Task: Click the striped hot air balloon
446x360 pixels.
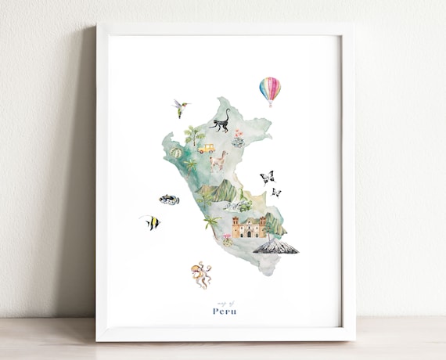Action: [269, 88]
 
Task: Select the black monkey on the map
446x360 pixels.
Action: [221, 123]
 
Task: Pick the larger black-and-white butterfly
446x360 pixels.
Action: [268, 177]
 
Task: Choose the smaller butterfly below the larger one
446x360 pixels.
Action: [275, 192]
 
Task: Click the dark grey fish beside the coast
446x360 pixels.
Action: [168, 200]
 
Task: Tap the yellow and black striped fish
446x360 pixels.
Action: [150, 222]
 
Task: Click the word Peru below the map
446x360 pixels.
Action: [225, 311]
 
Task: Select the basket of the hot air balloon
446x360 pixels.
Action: [269, 104]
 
